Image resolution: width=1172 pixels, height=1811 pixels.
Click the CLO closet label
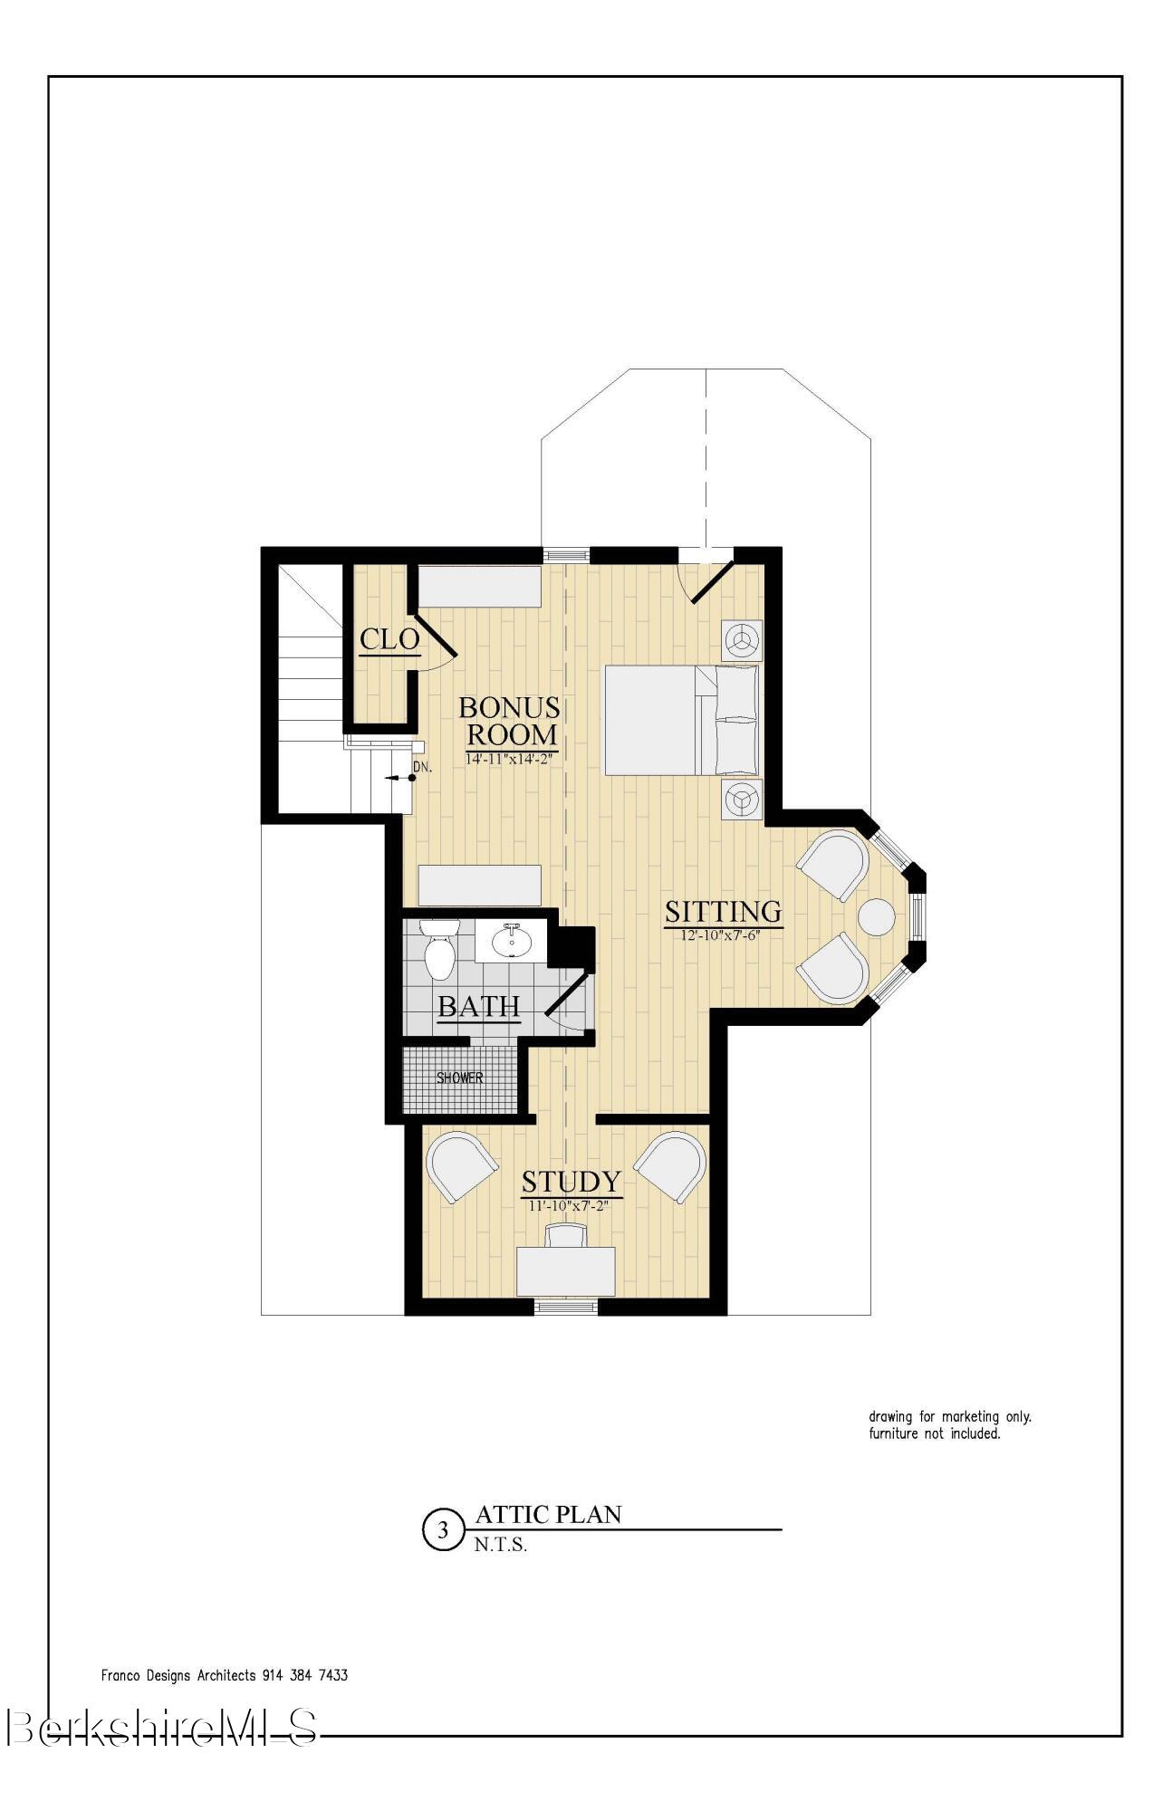[389, 638]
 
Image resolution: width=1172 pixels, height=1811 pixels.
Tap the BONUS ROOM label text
[510, 720]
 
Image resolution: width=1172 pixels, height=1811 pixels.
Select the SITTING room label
[723, 911]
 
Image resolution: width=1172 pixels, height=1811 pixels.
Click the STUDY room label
[571, 1182]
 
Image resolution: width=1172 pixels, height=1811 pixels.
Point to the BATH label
[478, 1006]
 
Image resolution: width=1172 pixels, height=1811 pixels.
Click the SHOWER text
[459, 1078]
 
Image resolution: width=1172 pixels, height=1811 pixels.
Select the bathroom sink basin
[512, 944]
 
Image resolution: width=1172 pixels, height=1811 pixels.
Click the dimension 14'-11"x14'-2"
[508, 760]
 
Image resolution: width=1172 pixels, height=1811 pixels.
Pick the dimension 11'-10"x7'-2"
[572, 1205]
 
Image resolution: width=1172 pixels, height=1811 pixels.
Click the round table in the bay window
[877, 916]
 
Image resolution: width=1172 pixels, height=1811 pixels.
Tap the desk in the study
[566, 1270]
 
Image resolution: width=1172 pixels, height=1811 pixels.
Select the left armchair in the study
[460, 1165]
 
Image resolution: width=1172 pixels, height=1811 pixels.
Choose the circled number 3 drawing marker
[443, 1531]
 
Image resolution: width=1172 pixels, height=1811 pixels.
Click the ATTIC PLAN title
[548, 1514]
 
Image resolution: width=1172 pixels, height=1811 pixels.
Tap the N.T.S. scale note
[500, 1546]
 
